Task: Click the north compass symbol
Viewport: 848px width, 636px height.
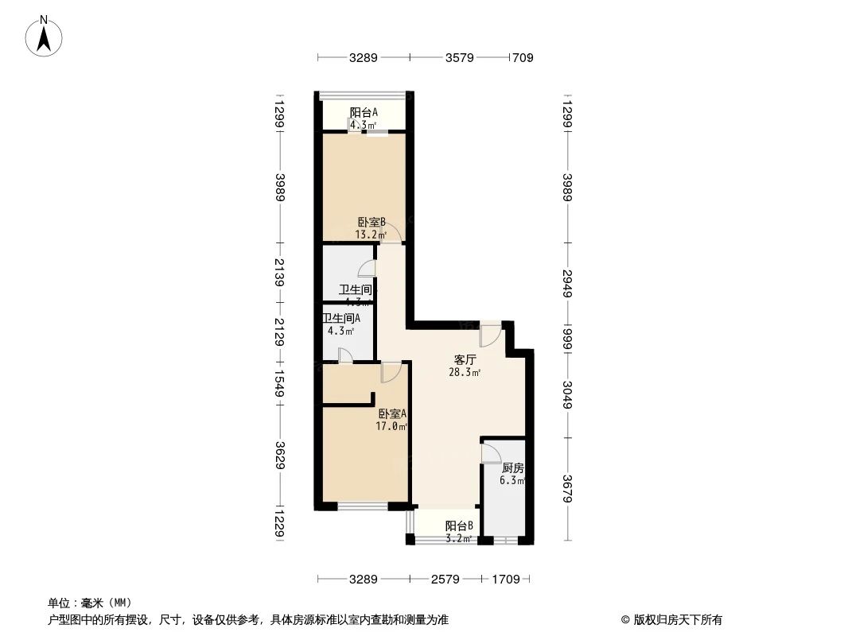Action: [44, 36]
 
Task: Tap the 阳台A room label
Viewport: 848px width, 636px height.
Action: [364, 113]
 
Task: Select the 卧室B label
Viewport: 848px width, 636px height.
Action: [371, 223]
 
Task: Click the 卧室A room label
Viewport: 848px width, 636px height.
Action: [392, 414]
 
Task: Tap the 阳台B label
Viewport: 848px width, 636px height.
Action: [459, 525]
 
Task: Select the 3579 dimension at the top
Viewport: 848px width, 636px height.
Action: [460, 57]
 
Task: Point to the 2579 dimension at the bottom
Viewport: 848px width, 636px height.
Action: [445, 580]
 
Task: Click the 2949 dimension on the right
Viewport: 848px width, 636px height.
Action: [567, 284]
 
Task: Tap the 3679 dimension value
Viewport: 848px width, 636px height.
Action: [567, 488]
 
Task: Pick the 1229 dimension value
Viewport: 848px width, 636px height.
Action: [279, 525]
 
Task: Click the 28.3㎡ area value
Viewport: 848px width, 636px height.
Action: [465, 372]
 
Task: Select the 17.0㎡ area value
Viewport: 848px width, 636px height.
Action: [392, 426]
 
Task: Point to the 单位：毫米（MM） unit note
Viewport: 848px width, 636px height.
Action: [90, 603]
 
